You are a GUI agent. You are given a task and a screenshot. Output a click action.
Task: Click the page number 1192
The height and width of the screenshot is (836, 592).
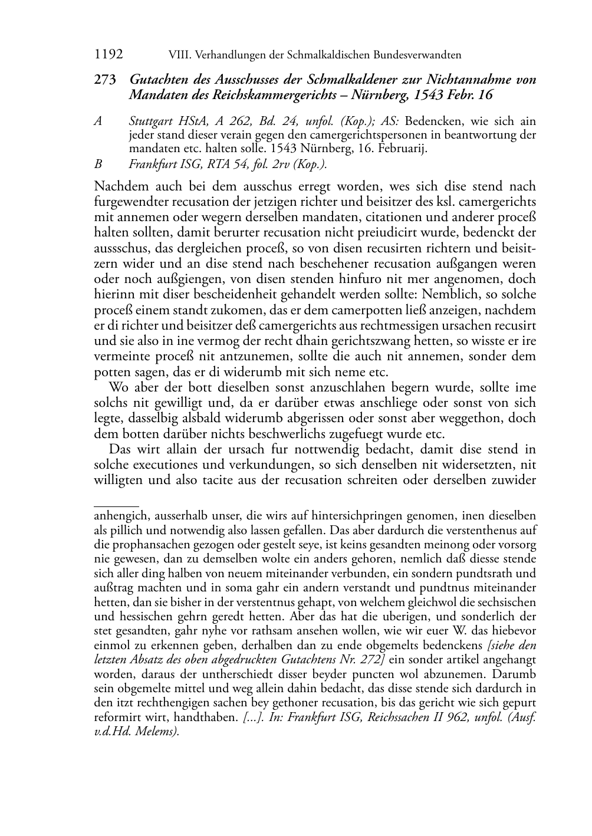tap(108, 55)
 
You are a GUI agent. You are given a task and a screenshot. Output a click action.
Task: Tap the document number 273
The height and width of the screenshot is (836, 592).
tap(104, 80)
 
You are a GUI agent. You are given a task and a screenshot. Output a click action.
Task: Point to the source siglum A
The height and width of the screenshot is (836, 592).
tap(98, 121)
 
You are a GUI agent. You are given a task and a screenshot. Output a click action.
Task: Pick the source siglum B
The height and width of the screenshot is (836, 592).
tap(98, 164)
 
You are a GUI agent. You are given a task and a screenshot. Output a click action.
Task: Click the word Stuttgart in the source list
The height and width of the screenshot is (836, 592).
tap(153, 121)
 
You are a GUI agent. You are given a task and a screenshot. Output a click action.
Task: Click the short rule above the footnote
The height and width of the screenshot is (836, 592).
tap(116, 506)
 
